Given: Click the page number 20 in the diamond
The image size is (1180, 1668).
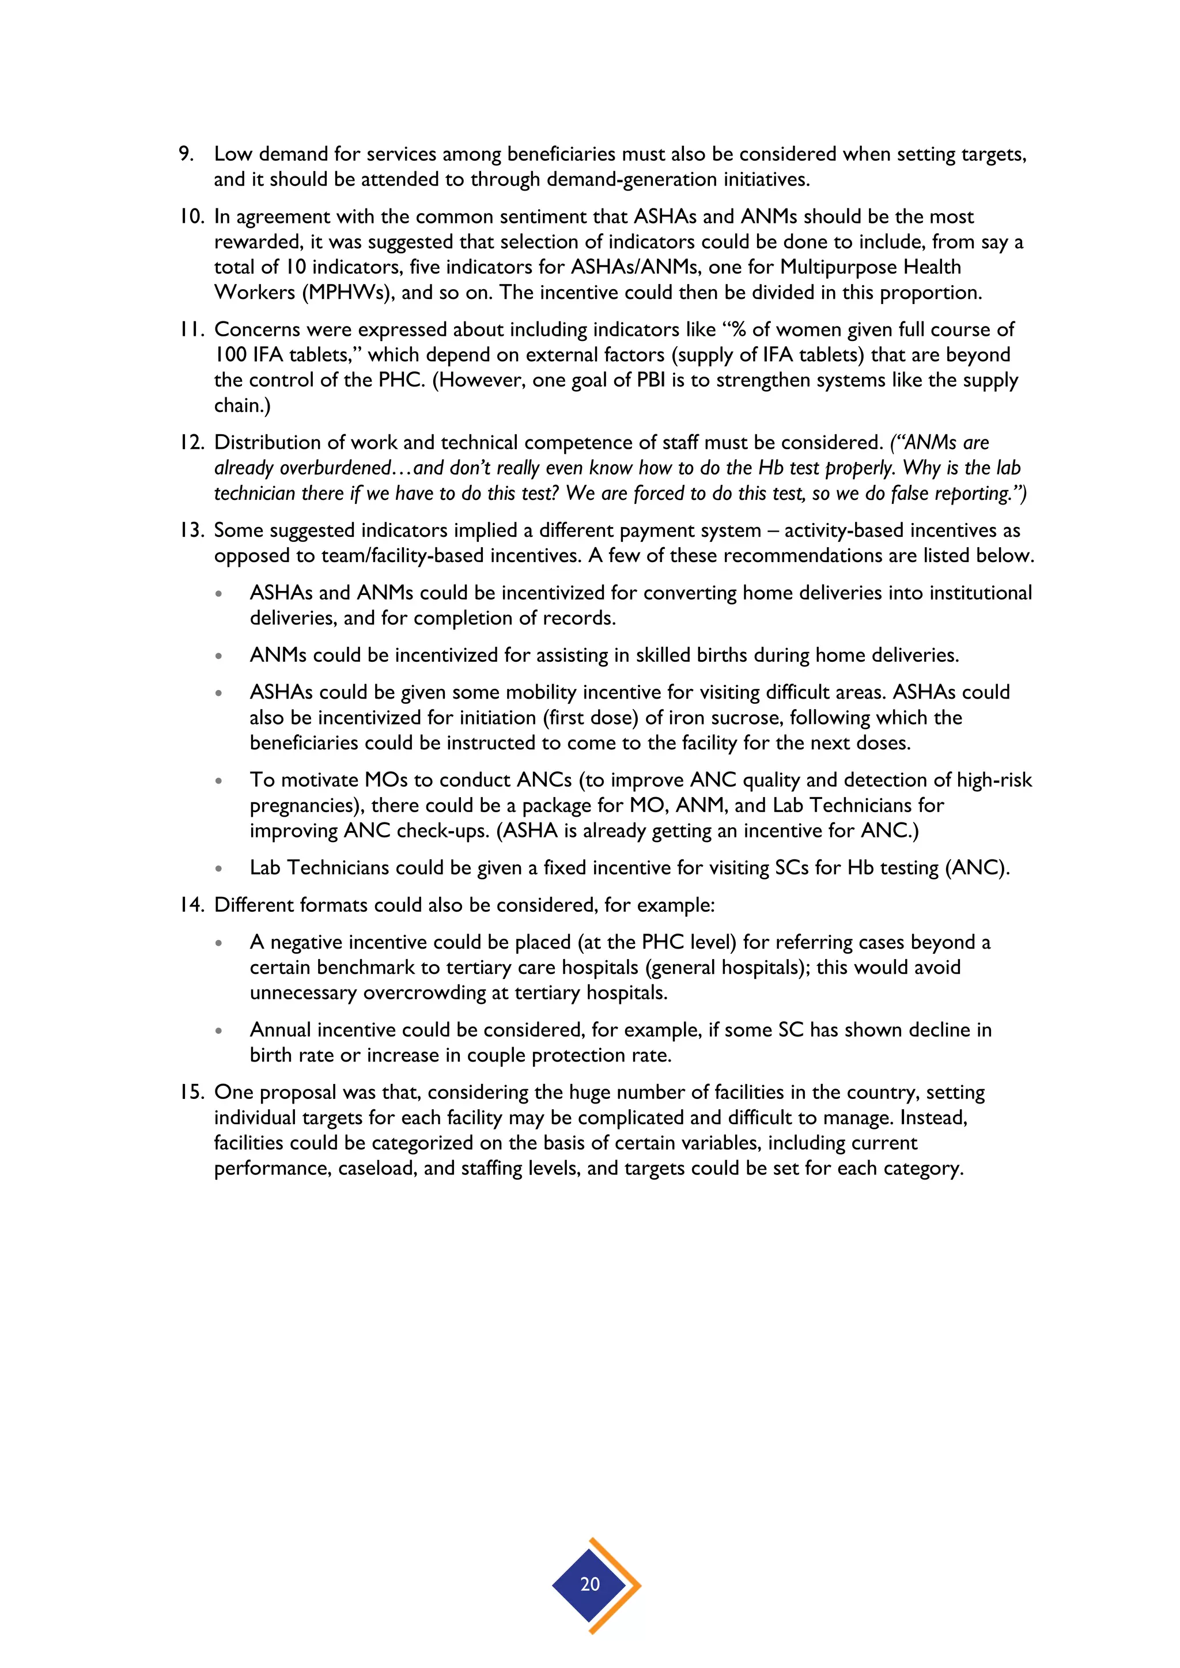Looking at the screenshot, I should pos(589,1584).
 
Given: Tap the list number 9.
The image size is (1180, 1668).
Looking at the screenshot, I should pos(186,154).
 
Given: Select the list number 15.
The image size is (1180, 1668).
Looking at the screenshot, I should pos(192,1092).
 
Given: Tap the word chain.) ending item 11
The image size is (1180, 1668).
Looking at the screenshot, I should pos(242,405).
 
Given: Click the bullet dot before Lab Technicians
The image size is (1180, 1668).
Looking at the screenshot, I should pos(218,869).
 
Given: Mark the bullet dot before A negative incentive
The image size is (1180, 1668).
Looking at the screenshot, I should pos(218,943).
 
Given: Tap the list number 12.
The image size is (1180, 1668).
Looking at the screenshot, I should pos(192,442).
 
